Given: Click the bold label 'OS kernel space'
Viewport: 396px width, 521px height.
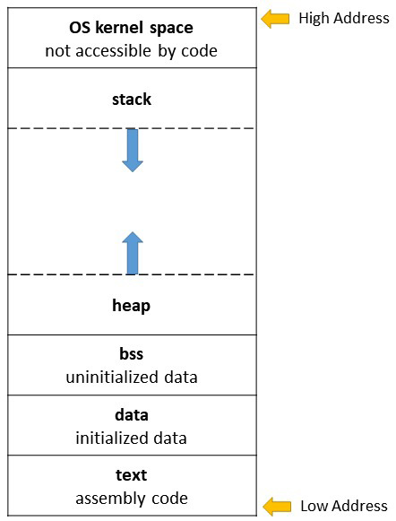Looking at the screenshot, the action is click(131, 28).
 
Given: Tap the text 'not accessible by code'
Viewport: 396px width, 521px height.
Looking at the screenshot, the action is click(131, 51).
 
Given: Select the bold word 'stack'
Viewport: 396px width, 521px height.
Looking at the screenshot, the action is click(132, 100).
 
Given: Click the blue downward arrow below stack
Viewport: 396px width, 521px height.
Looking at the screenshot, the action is click(133, 150).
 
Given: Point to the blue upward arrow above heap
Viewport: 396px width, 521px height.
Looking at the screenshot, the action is click(133, 253).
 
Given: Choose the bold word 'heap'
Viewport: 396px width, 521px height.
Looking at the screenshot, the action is click(131, 306).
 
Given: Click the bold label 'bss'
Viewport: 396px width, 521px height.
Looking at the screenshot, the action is click(132, 354).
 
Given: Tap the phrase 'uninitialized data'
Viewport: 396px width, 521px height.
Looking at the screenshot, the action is click(132, 378).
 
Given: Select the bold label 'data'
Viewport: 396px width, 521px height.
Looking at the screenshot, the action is click(132, 415).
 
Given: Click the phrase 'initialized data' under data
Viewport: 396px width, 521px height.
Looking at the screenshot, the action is click(131, 438).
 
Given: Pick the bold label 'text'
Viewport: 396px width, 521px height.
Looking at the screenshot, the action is click(131, 475).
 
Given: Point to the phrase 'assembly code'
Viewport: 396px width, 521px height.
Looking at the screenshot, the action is click(132, 499).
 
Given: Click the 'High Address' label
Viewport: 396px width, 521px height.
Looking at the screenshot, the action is click(344, 18).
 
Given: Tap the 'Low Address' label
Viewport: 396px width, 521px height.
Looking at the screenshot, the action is click(344, 506).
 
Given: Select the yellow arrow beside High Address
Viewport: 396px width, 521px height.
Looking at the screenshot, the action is click(275, 19).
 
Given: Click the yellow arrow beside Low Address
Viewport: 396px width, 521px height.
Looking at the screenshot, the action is click(277, 507).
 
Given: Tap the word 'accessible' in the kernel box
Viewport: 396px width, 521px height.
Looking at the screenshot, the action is click(113, 51).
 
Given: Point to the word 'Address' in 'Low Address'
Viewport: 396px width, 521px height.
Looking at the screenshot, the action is click(359, 506).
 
